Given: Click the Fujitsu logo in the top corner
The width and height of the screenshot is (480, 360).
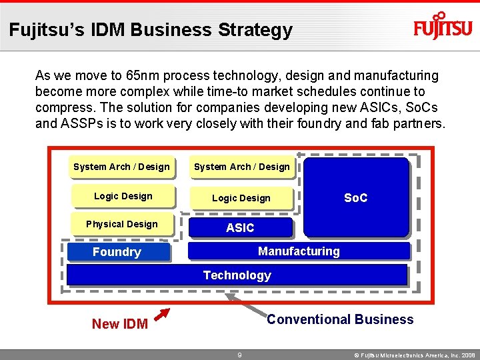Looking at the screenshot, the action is point(443,27).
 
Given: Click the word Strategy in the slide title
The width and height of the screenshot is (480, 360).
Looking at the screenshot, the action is point(255,30).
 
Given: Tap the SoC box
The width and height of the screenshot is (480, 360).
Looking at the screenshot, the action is point(355,197).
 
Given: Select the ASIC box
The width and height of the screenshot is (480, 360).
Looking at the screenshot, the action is point(241,228).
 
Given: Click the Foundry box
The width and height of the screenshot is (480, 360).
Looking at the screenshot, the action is point(117,251).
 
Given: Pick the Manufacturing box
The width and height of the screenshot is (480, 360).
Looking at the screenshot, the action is point(299,251).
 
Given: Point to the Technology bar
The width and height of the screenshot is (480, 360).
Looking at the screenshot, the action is point(237,275).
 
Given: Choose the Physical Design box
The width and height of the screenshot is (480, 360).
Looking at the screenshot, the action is point(122,224).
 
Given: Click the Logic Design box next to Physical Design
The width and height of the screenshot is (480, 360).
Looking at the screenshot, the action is point(123,196).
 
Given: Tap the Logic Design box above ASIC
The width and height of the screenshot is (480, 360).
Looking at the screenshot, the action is point(241,198).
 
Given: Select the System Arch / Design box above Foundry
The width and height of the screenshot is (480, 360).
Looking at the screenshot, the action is point(121,167).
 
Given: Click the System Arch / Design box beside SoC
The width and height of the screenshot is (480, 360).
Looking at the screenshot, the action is point(242,167).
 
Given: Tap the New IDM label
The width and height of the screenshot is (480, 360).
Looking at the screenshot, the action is point(120,324).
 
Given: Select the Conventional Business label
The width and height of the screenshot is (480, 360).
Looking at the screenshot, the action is point(340,319).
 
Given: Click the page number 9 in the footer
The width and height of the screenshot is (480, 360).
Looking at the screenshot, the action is point(239,355).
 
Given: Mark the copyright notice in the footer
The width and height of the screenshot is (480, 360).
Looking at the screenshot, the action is point(414,355).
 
